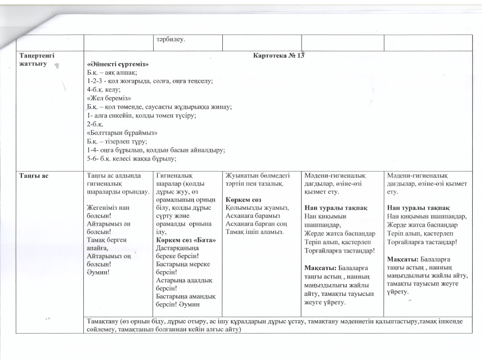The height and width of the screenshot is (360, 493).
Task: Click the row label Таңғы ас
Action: (32, 176)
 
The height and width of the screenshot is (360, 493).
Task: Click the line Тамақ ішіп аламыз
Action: (252, 231)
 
